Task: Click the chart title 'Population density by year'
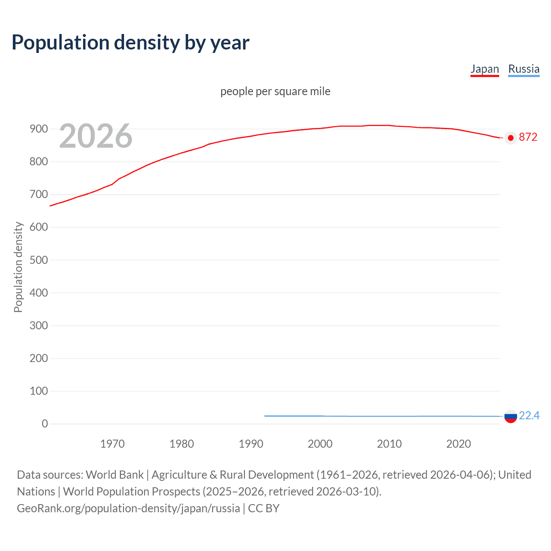pyautogui.click(x=130, y=43)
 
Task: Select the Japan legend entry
pyautogui.click(x=484, y=69)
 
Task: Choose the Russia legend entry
pyautogui.click(x=523, y=69)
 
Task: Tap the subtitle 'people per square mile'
pyautogui.click(x=275, y=91)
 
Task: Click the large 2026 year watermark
pyautogui.click(x=96, y=136)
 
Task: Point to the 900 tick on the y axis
pyautogui.click(x=39, y=129)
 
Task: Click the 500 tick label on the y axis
pyautogui.click(x=39, y=260)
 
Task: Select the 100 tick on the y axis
pyautogui.click(x=39, y=391)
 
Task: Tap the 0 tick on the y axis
pyautogui.click(x=45, y=424)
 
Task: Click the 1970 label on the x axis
pyautogui.click(x=112, y=444)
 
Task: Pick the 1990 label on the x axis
pyautogui.click(x=251, y=444)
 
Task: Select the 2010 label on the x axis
pyautogui.click(x=389, y=444)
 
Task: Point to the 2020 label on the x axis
pyautogui.click(x=458, y=444)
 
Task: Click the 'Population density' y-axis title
pyautogui.click(x=18, y=267)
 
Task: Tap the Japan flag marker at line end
pyautogui.click(x=511, y=138)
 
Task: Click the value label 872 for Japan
pyautogui.click(x=528, y=137)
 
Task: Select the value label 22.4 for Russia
pyautogui.click(x=529, y=415)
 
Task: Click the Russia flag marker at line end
pyautogui.click(x=511, y=416)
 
